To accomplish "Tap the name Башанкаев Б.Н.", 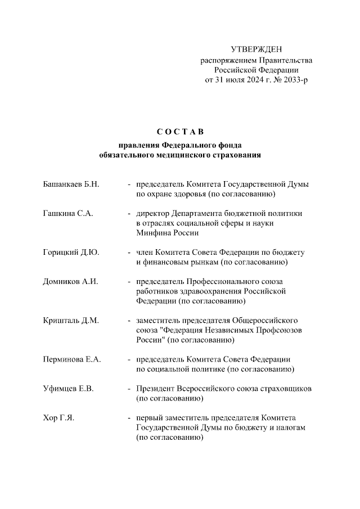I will pos(71,184).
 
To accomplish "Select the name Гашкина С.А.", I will pos(67,214).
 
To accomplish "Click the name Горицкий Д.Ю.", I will pos(71,253).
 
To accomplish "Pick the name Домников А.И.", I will pos(70,282).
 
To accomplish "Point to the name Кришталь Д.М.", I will pos(71,321).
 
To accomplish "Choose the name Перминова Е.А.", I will pos(72,359).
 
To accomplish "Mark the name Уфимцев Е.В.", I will pos(69,389).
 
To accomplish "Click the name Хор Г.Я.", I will pos(58,418).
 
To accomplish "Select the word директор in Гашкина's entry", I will pos(153,214).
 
